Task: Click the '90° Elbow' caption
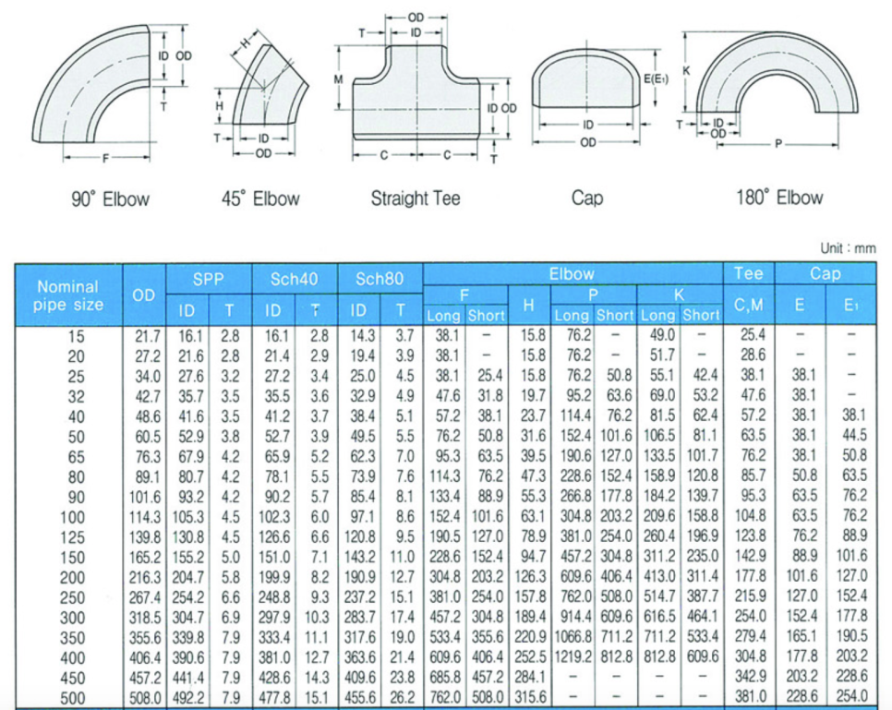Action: [110, 199]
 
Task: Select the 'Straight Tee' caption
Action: [415, 198]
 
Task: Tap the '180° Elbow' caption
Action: [779, 198]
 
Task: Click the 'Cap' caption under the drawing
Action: [587, 199]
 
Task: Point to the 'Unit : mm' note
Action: [847, 248]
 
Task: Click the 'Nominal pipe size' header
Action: [68, 295]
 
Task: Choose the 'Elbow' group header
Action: [572, 274]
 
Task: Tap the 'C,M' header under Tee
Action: [748, 306]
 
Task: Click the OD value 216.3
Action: [144, 575]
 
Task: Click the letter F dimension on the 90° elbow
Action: [104, 159]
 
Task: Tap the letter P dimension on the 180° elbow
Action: [778, 143]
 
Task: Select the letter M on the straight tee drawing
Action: [339, 80]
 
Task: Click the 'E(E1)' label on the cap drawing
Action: [655, 78]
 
